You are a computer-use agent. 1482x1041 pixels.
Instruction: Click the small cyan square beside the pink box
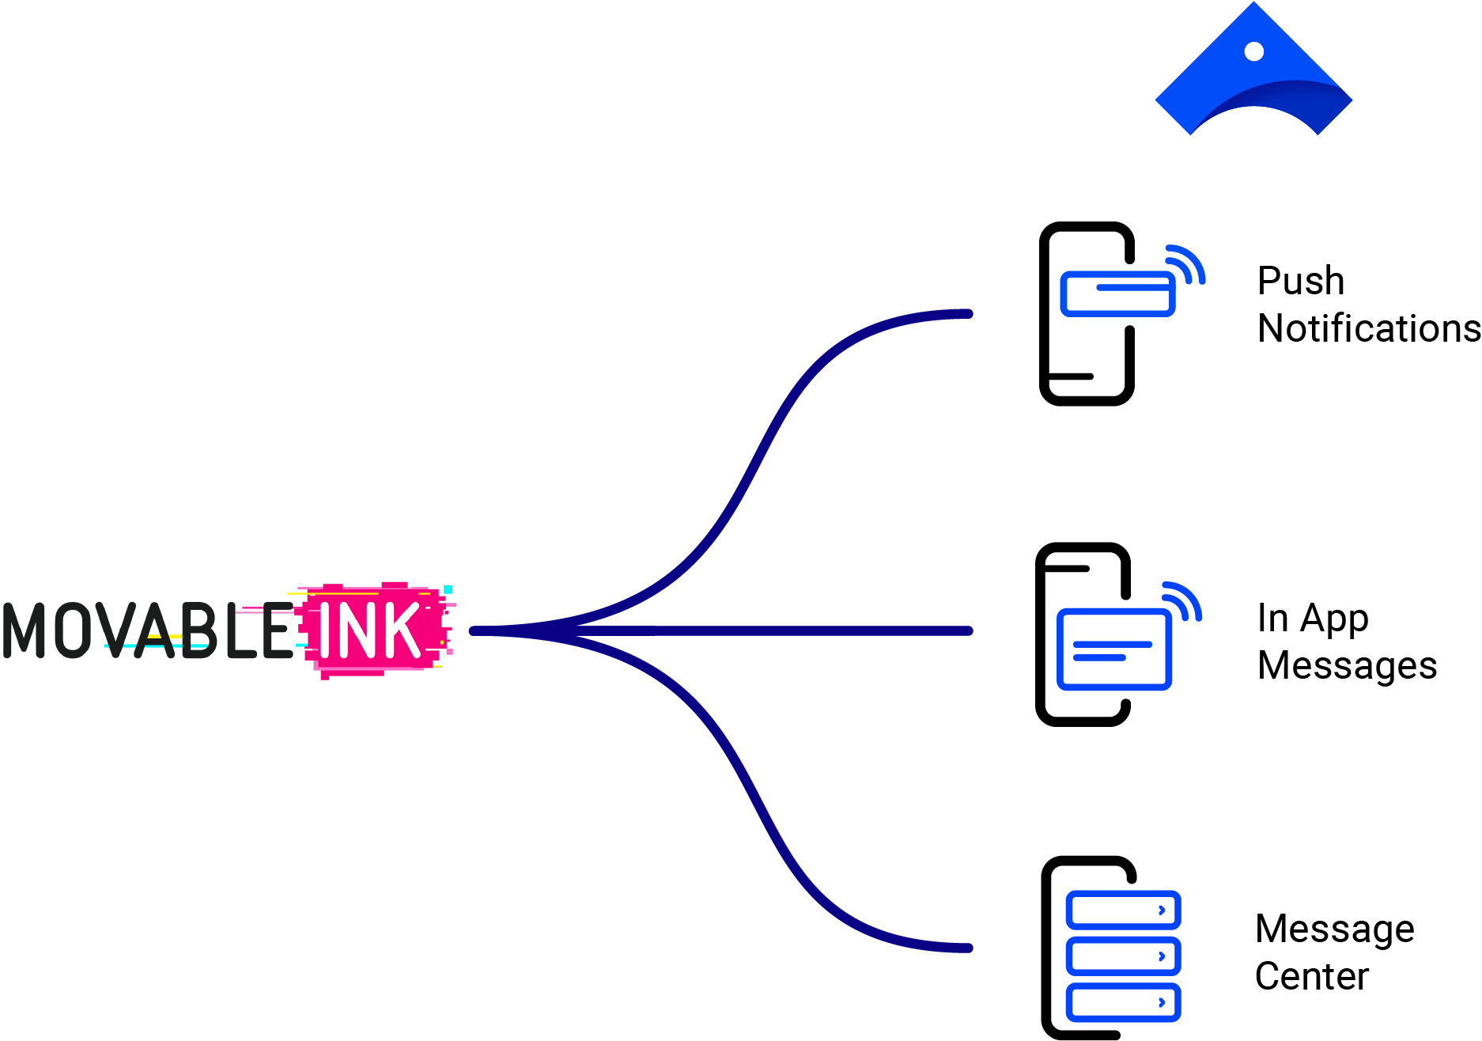448,589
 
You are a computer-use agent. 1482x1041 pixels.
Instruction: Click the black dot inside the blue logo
1253,51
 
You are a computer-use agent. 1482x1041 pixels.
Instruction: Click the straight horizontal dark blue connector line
759,631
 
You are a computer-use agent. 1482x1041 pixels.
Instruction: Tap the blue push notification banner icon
1117,293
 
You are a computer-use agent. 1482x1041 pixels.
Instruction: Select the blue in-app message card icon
1114,649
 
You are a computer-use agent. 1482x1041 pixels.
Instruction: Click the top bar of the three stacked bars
1123,910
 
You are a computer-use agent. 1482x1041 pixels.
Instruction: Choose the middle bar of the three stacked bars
1123,956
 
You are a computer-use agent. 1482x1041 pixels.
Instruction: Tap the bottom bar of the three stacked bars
1123,1002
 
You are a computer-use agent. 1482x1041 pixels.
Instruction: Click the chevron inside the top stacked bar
1161,910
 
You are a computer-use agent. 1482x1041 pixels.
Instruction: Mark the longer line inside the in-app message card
1113,644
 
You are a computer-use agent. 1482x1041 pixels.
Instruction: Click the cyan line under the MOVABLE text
158,646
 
